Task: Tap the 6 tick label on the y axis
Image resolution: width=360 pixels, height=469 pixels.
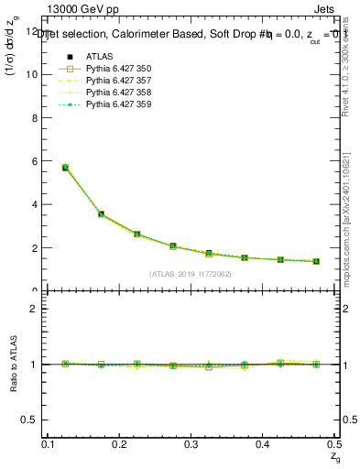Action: [38, 161]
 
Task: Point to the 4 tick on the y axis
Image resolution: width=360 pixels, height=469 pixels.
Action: [38, 204]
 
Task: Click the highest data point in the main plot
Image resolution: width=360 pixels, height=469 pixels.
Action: [65, 168]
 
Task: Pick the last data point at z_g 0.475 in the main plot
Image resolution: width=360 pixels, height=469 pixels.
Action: [316, 261]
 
